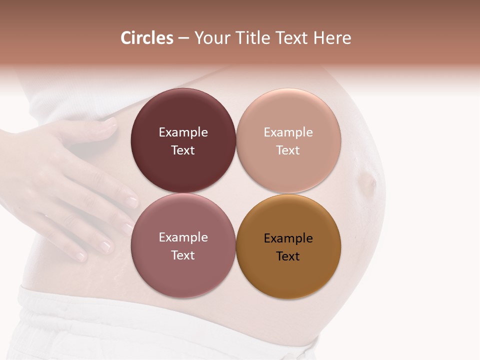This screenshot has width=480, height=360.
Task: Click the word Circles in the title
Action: pos(146,38)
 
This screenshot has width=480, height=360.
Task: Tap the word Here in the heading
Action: pos(332,38)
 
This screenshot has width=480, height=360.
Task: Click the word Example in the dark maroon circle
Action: pos(183,132)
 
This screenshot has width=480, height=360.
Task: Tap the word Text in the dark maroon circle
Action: pos(183,150)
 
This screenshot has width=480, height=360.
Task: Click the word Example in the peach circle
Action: pos(288,132)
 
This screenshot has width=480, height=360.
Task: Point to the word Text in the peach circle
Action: pos(288,150)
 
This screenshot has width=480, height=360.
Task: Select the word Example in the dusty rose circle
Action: pos(183,237)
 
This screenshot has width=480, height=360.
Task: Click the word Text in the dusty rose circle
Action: pos(183,255)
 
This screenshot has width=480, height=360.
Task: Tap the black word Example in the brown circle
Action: pos(288,238)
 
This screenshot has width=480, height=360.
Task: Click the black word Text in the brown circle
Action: pos(288,256)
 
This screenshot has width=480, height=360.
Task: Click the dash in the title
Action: pos(183,38)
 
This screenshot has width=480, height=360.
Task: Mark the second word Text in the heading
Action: pos(292,38)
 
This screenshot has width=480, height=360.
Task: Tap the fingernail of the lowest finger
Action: pos(81,256)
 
